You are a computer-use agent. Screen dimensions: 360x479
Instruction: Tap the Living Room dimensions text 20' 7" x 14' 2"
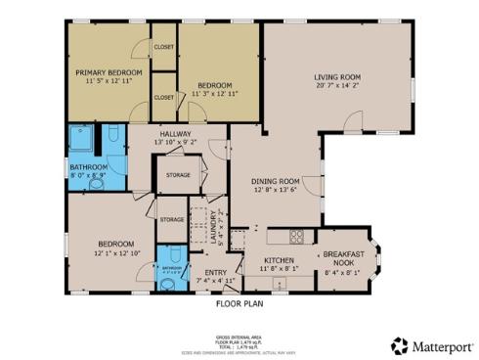click(x=337, y=86)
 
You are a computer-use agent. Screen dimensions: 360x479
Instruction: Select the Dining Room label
click(x=275, y=181)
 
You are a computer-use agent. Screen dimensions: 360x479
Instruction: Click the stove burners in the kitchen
click(x=298, y=236)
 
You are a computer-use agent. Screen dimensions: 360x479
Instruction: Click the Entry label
click(x=215, y=272)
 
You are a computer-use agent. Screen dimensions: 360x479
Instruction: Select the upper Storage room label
click(x=178, y=175)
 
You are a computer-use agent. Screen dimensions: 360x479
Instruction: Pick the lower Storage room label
click(x=171, y=219)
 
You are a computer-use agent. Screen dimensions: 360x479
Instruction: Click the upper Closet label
click(x=164, y=46)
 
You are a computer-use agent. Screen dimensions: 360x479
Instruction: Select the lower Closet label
click(x=164, y=97)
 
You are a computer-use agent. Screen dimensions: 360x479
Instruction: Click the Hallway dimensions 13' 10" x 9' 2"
click(x=176, y=142)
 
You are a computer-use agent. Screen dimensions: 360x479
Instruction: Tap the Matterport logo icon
click(x=399, y=345)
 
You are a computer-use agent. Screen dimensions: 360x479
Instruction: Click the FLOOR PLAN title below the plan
click(x=239, y=304)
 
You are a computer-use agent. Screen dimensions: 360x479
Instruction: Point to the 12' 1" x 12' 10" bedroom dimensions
click(x=115, y=252)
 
